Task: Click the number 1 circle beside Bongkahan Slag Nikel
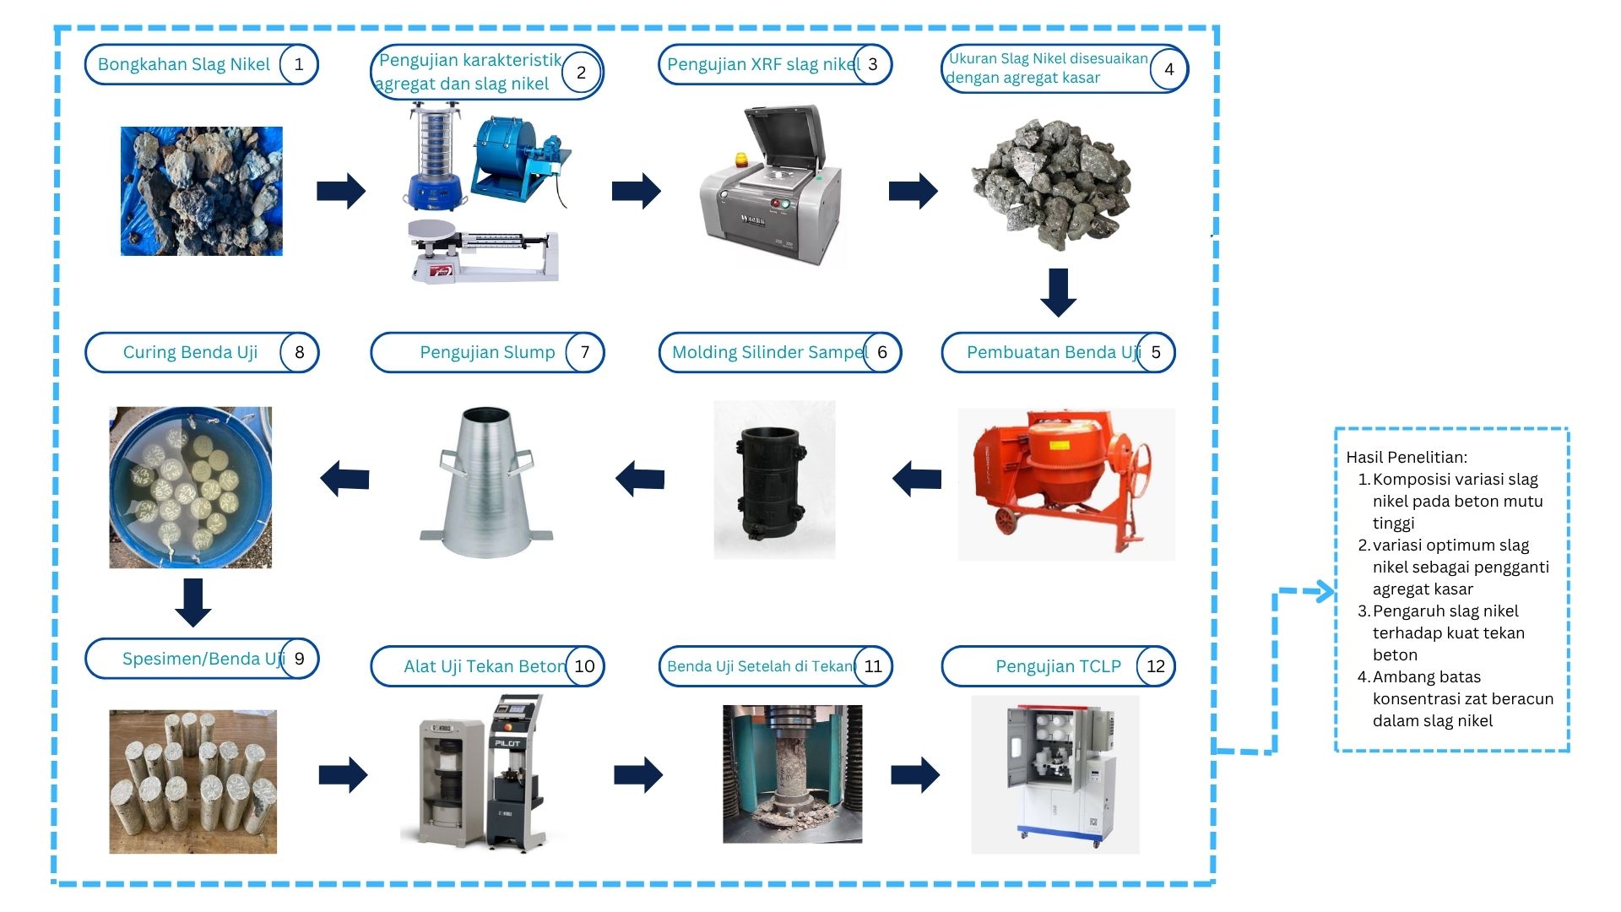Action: (298, 65)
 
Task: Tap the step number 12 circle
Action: (1155, 666)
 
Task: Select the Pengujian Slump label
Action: (487, 352)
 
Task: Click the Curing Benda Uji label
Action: (190, 352)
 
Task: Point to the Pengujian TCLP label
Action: (1058, 666)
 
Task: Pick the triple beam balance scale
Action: (483, 252)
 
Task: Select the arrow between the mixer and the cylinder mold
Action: (917, 479)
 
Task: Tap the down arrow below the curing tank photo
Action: (193, 602)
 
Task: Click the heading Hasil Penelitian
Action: (1407, 458)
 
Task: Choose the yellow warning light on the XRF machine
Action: (742, 160)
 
